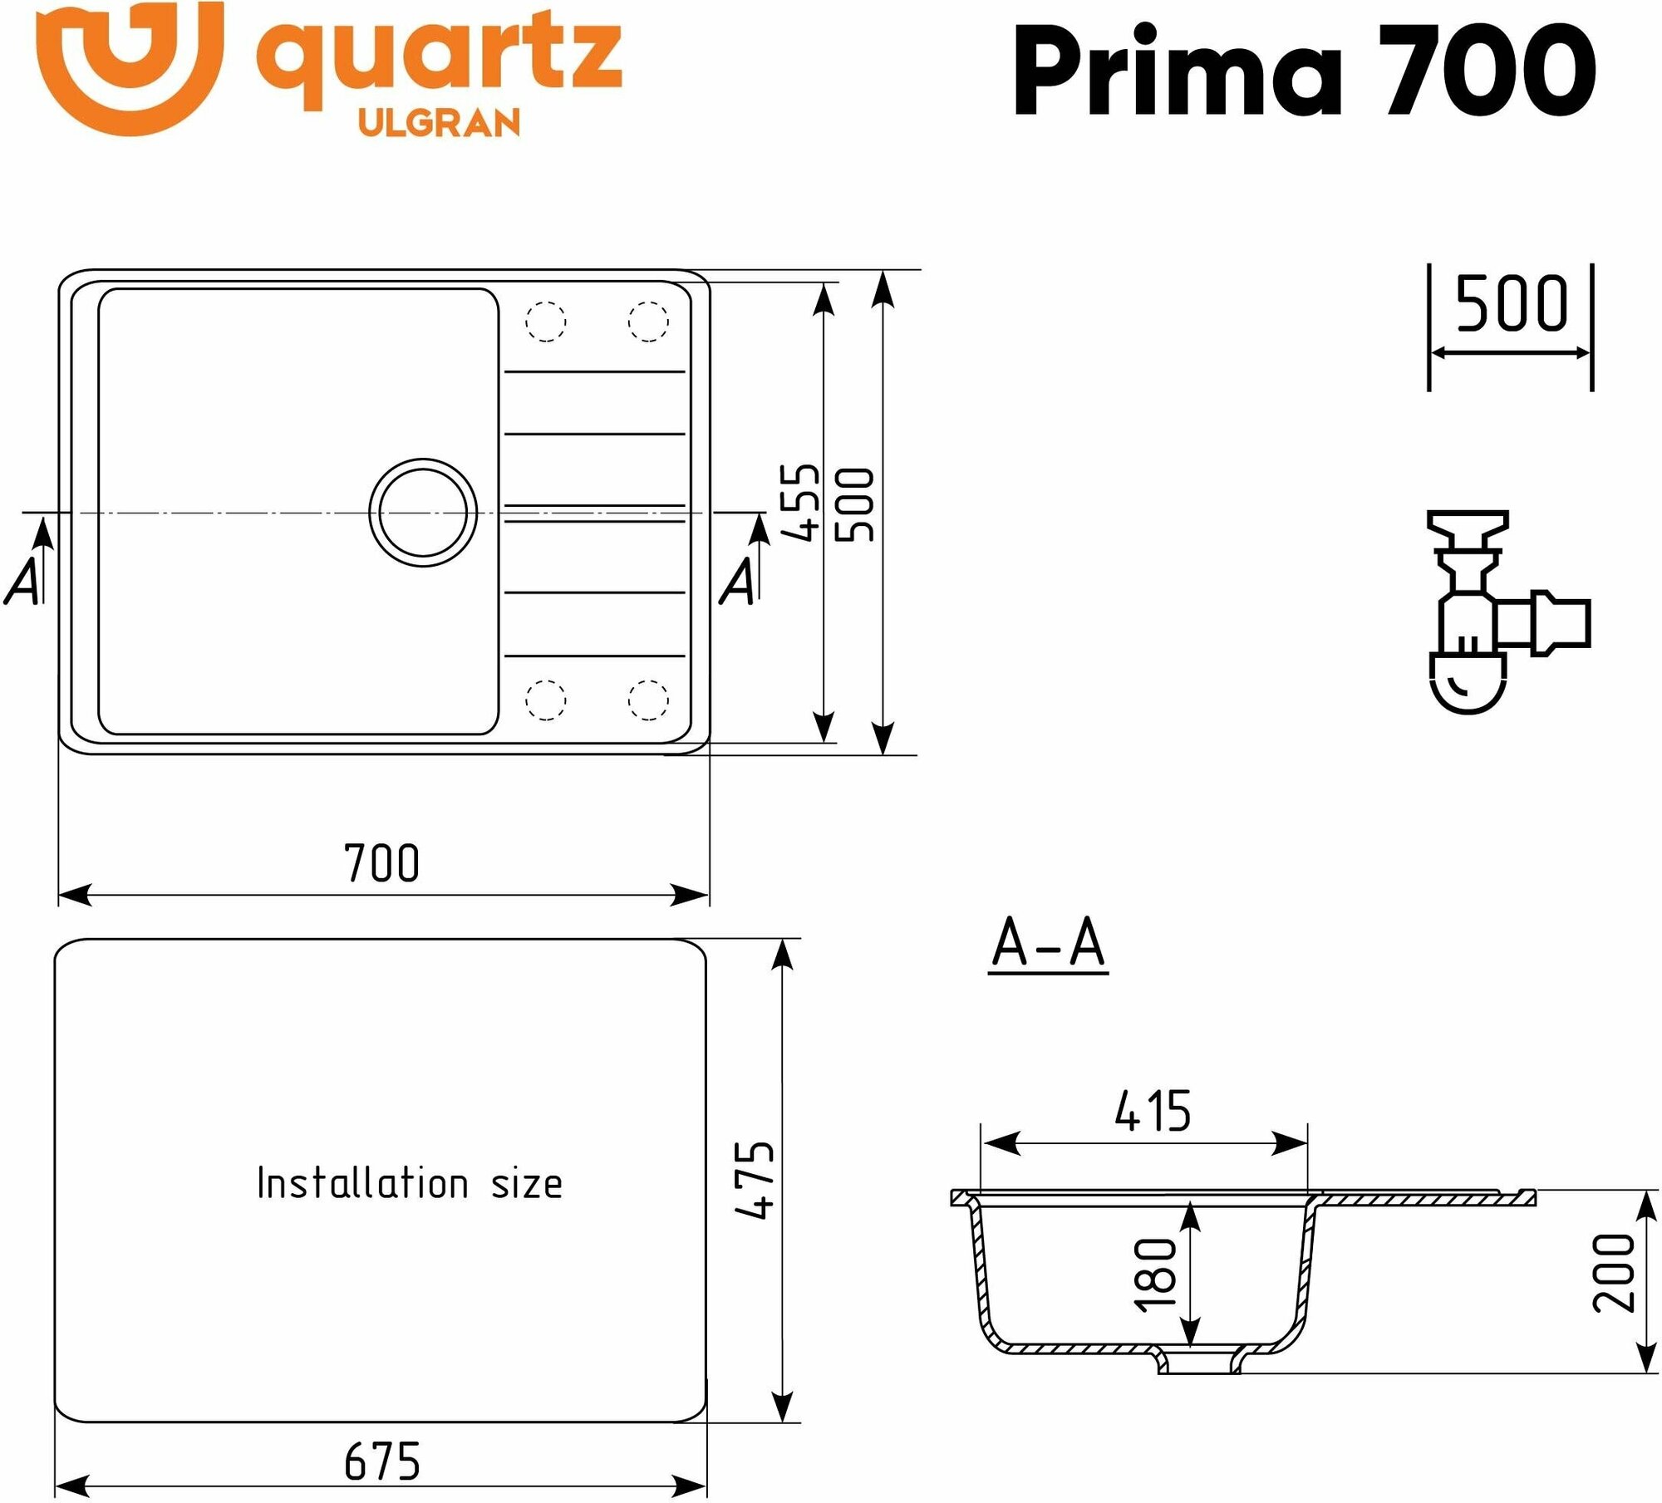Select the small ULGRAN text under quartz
tap(439, 123)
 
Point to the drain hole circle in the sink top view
tap(423, 513)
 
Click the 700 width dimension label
tap(381, 863)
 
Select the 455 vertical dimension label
tap(802, 502)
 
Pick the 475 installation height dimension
tap(755, 1180)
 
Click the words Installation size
tap(409, 1183)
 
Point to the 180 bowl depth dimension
tap(1156, 1275)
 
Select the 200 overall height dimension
tap(1613, 1273)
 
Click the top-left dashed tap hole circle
tap(546, 321)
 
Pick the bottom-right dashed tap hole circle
tap(648, 699)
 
